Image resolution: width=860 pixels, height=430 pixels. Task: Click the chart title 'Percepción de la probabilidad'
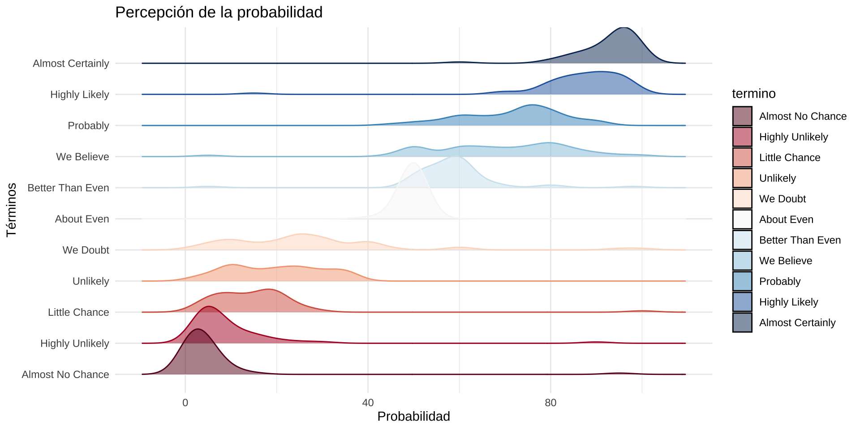coord(219,13)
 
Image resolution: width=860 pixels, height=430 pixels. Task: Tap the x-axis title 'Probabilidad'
coord(413,417)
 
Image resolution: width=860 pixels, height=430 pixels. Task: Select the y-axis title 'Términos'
coord(12,210)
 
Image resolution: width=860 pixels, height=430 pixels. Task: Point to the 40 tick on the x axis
coord(368,403)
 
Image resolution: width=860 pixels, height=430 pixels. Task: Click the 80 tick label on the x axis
coord(550,403)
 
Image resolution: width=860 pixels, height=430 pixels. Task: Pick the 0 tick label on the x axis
coord(185,403)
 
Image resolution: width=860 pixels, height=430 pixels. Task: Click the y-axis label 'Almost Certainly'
coord(71,64)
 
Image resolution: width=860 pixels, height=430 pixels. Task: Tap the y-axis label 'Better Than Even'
coord(68,188)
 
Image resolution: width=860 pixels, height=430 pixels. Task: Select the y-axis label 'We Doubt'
coord(86,250)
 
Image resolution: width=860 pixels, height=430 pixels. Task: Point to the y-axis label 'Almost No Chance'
coord(65,374)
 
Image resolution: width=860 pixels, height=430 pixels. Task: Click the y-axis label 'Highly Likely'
coord(80,95)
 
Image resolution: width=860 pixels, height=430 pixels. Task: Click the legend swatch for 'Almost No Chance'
coord(742,116)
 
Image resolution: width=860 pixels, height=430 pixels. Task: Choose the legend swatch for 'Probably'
coord(742,281)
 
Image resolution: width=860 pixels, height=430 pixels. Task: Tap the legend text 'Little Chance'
coord(790,158)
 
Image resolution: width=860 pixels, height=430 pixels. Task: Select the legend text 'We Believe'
coord(786,261)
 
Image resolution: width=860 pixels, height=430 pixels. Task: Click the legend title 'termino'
coord(754,94)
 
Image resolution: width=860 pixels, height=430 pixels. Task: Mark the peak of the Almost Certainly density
coord(623,28)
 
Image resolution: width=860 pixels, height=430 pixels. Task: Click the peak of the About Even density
coord(413,163)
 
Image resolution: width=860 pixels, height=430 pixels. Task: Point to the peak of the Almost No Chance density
coord(198,329)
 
